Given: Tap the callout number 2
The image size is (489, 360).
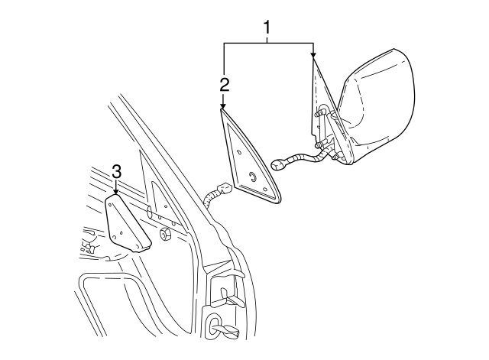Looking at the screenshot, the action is pyautogui.click(x=225, y=84).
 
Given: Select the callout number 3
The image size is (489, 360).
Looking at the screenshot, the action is pyautogui.click(x=116, y=172).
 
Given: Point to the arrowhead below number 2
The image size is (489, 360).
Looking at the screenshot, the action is pyautogui.click(x=223, y=106).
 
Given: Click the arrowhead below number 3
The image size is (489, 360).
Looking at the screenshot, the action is pyautogui.click(x=116, y=192).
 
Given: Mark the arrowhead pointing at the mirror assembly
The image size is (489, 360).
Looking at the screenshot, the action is pyautogui.click(x=313, y=54).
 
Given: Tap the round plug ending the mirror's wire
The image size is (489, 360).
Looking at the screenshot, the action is pyautogui.click(x=277, y=164).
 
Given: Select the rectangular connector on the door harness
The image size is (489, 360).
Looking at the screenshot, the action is pyautogui.click(x=225, y=189).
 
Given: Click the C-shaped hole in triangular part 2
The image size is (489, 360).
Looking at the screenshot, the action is pyautogui.click(x=253, y=177).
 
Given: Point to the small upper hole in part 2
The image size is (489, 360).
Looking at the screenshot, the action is pyautogui.click(x=239, y=152).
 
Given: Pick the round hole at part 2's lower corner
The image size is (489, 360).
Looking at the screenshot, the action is pyautogui.click(x=265, y=190).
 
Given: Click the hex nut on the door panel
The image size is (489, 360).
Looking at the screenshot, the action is pyautogui.click(x=164, y=235).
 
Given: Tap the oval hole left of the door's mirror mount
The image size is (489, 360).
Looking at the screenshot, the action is pyautogui.click(x=148, y=211).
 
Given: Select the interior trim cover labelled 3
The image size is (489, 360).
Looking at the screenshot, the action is pyautogui.click(x=127, y=222).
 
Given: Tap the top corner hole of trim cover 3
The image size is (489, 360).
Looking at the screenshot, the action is pyautogui.click(x=110, y=204).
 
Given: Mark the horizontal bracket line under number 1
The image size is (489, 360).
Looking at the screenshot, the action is pyautogui.click(x=268, y=43).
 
